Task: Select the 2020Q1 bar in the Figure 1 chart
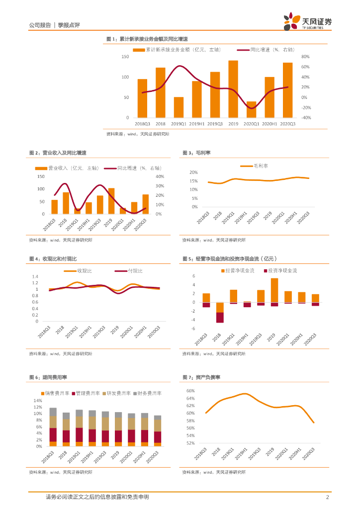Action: coord(252,109)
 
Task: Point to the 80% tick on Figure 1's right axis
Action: coord(306,57)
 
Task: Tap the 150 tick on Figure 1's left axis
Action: coord(125,57)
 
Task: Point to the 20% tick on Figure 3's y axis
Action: coord(193,172)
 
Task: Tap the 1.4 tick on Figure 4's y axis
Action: coord(35,276)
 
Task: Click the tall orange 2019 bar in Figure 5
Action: coord(274,290)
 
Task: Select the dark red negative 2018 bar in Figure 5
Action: coord(220,317)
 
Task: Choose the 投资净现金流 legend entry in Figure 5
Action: coord(282,271)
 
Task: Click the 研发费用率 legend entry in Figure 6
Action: coord(118,393)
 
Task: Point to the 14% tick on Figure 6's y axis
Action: coord(37,401)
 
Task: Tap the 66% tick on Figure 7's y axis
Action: coord(190,391)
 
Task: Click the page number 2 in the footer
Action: coord(327,497)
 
